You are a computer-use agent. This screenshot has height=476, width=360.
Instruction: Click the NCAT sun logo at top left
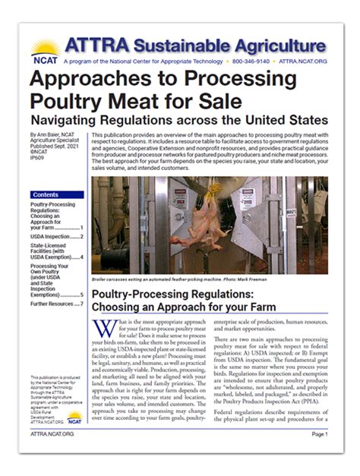(x=46, y=52)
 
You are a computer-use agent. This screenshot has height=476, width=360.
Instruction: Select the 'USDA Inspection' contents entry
(x=54, y=236)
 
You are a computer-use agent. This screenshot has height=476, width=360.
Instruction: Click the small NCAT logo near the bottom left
(x=74, y=415)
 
